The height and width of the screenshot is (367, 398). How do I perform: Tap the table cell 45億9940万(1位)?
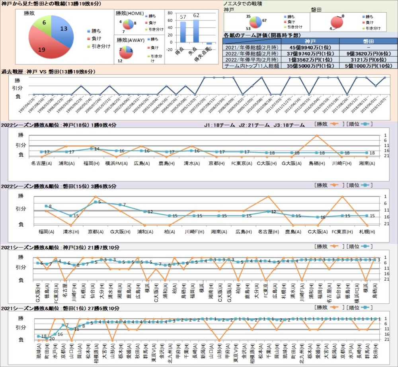coord(310,47)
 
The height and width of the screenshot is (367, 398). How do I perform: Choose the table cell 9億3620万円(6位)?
coord(368,53)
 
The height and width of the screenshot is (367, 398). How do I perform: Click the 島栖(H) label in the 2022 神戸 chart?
coord(316,163)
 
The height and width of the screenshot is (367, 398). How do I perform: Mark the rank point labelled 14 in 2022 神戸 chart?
coord(91,149)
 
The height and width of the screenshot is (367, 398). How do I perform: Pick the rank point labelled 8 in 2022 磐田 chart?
coord(46,206)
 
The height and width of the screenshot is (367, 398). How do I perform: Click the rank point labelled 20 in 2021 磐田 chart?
coord(47,338)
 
